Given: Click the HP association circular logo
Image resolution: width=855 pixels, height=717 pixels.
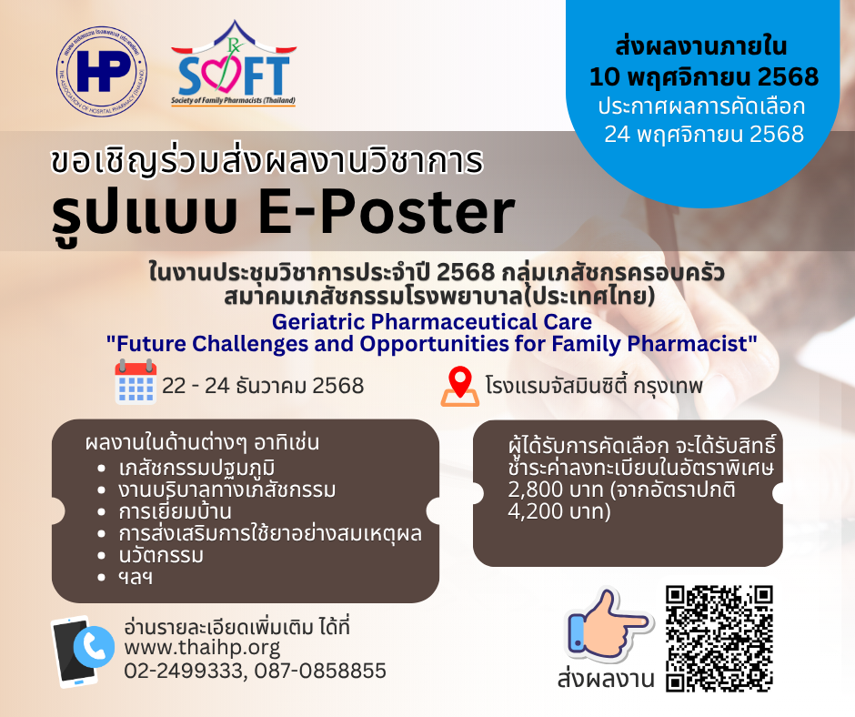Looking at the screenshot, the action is (x=102, y=72).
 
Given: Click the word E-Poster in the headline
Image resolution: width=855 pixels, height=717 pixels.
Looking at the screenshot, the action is (x=386, y=212).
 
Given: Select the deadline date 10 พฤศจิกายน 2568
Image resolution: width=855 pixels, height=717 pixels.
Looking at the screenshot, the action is (x=703, y=77).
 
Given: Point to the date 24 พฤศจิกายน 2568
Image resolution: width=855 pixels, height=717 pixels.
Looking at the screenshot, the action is (x=704, y=135).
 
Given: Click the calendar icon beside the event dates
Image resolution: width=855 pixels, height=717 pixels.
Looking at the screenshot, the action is (x=136, y=381).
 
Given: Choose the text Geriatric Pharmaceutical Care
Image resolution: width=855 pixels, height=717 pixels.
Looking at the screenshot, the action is (x=432, y=321).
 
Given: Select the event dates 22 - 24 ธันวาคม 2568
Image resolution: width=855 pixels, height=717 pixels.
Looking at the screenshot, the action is (x=263, y=386).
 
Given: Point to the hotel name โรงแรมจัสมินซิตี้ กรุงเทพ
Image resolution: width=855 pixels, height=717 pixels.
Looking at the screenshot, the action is (x=594, y=386).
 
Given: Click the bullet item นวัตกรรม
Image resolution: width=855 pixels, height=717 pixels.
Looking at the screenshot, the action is (x=161, y=555).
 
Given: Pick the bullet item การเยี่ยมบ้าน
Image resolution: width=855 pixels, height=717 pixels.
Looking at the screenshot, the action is (x=175, y=511).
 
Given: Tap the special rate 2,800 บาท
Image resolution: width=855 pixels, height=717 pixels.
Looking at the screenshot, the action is (x=556, y=490).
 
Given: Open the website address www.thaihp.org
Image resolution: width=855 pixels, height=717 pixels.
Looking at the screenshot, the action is (x=202, y=648).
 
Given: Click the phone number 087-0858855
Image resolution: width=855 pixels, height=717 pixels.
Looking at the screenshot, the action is (x=320, y=671).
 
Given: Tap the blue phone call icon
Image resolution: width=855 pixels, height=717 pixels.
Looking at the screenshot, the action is (x=94, y=647).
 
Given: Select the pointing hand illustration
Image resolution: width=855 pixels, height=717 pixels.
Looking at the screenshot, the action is (x=607, y=622).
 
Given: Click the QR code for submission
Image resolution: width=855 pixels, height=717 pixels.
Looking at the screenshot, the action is (x=719, y=640).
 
